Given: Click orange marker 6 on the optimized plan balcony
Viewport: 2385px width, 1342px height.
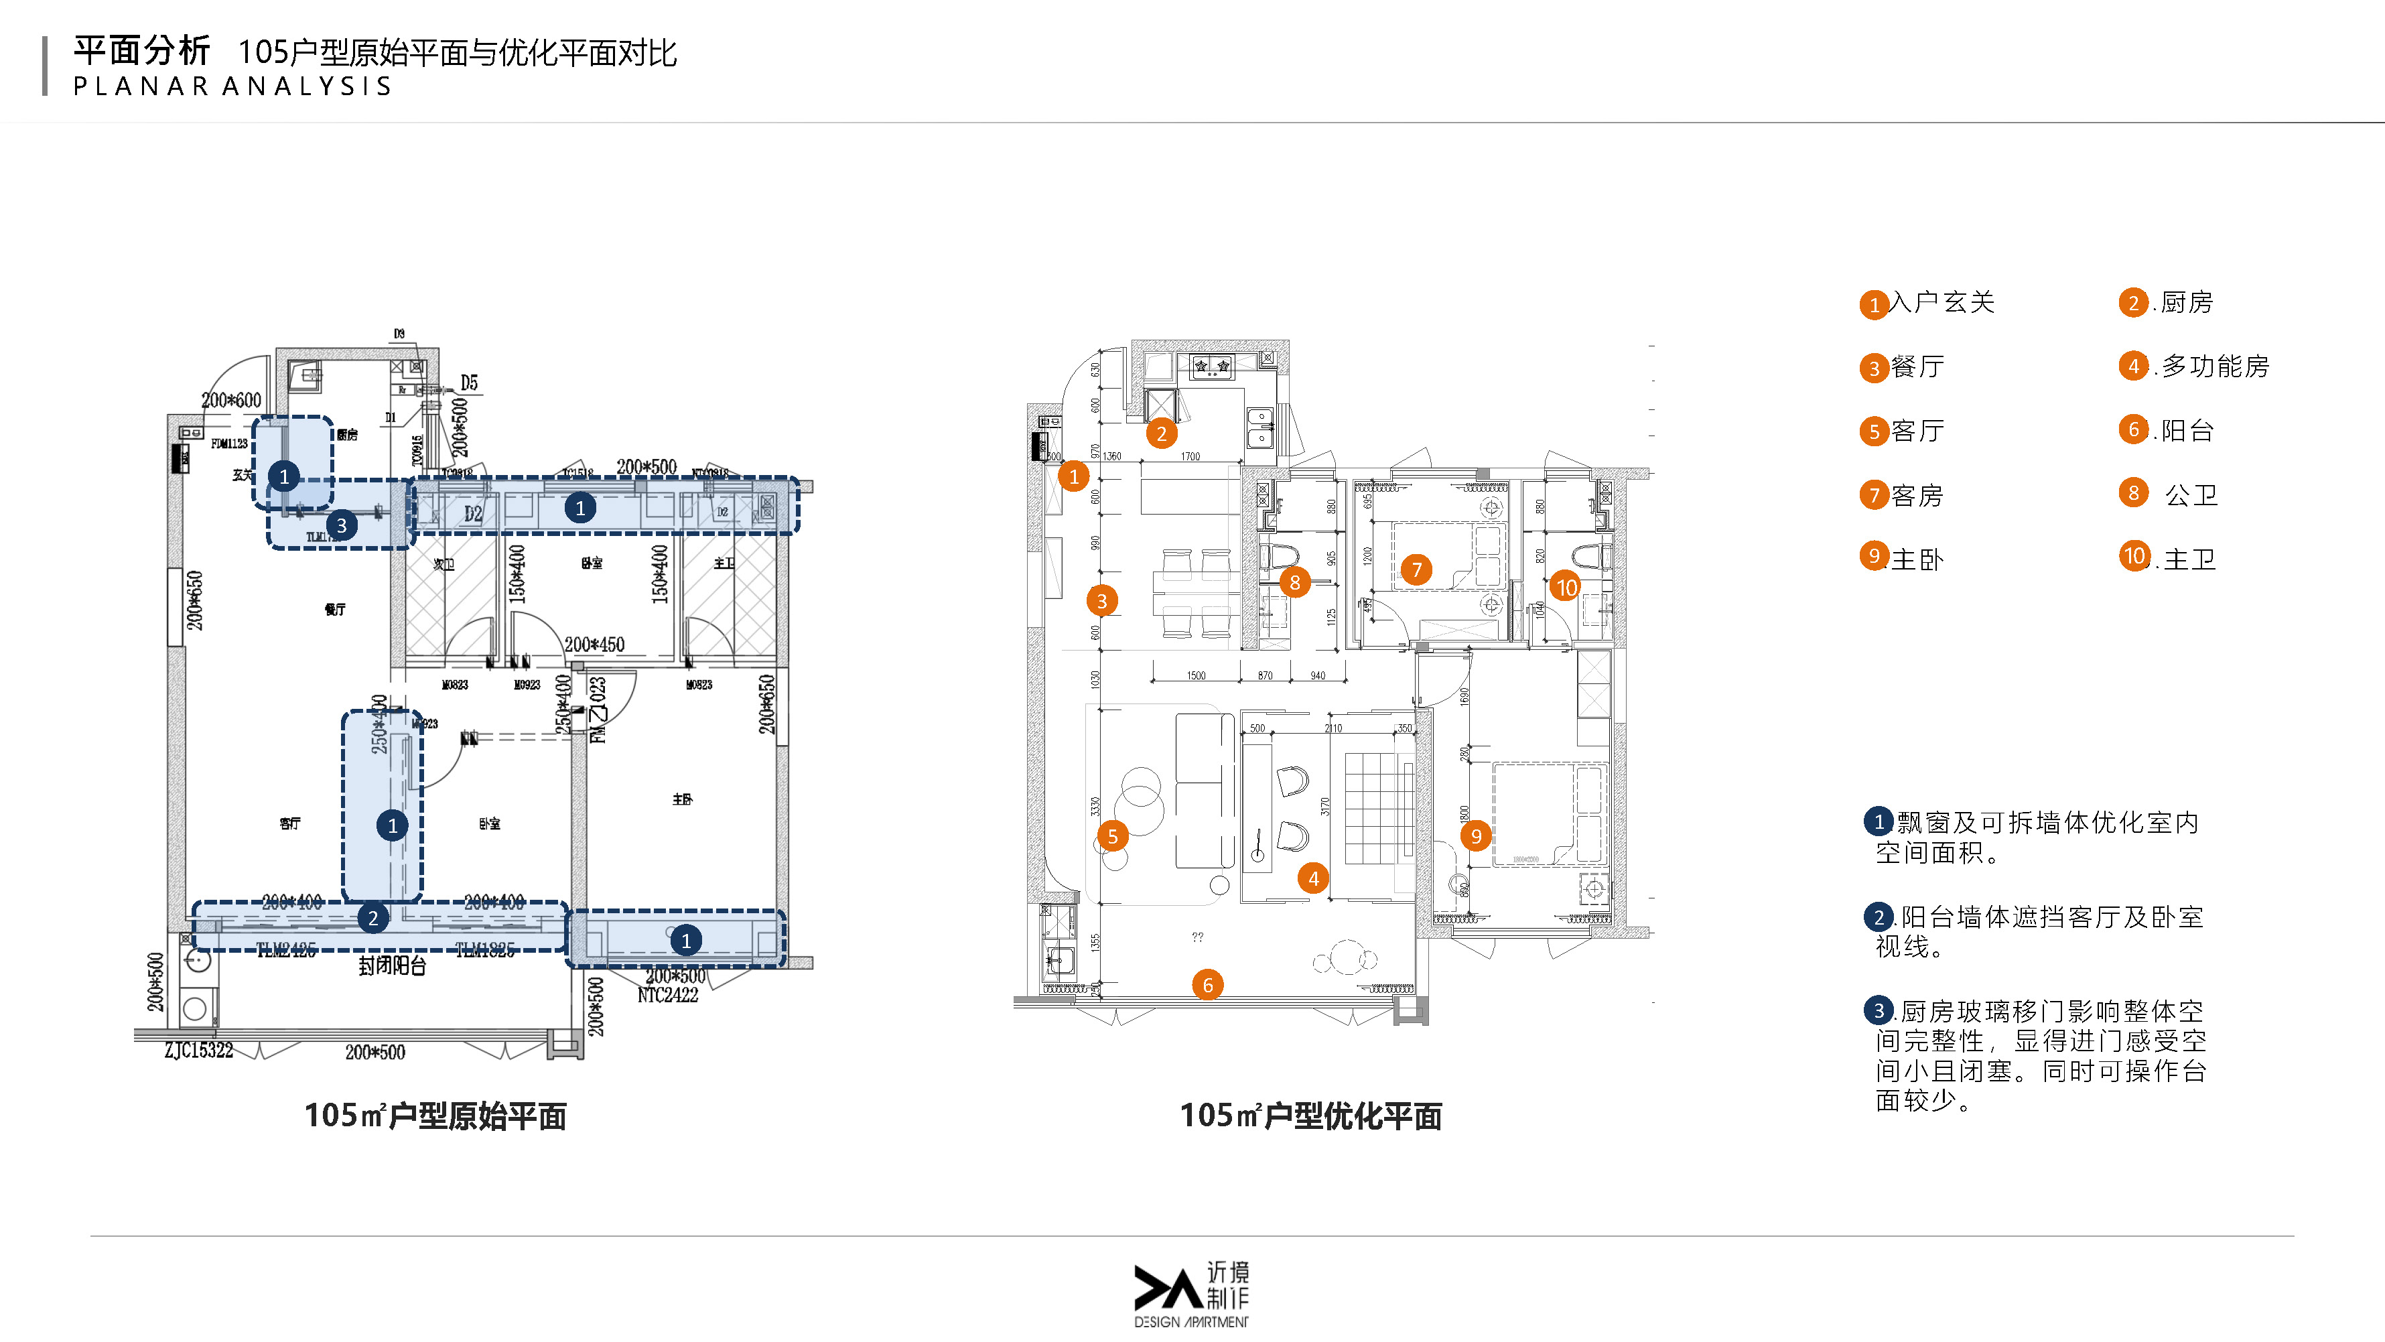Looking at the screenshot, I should [x=1207, y=984].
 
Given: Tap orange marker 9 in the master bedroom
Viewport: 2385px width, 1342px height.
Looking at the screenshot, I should [x=1476, y=836].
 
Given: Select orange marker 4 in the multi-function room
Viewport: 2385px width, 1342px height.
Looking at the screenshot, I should [x=1313, y=878].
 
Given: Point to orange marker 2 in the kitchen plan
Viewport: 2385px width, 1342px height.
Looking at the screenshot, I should [x=1161, y=433].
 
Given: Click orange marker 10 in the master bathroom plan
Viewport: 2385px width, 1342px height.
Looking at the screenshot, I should [x=1566, y=586].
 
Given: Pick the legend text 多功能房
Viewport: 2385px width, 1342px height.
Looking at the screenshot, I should [x=2215, y=366].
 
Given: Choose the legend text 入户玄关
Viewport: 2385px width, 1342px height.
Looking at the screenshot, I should [x=1941, y=303].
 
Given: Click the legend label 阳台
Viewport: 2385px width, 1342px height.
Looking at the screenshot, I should [x=2187, y=431].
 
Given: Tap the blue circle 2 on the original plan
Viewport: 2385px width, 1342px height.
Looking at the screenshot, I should [x=373, y=918].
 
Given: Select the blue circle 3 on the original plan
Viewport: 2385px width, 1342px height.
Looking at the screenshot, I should [x=342, y=525].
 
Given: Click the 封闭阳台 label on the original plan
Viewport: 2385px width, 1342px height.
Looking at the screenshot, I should [x=393, y=966].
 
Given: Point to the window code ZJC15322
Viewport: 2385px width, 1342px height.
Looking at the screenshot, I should [x=198, y=1051].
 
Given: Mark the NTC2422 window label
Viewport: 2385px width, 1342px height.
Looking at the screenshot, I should [x=667, y=996].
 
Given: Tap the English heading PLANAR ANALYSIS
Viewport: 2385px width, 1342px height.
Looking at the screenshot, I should [x=232, y=86].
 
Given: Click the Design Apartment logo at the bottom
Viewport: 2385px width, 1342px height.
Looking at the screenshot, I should [x=1192, y=1294].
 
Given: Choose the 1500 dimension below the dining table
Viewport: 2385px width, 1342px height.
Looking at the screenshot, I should [x=1197, y=675].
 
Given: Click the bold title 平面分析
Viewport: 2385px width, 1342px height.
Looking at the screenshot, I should [x=141, y=51].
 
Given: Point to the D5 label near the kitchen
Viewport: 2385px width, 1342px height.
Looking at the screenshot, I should [x=470, y=383].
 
